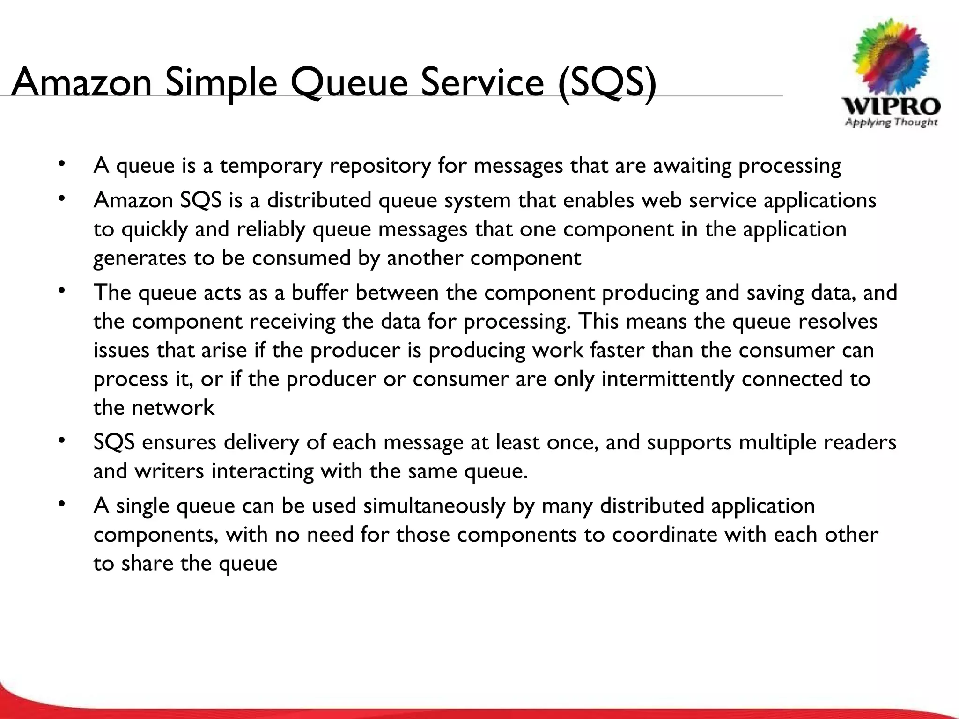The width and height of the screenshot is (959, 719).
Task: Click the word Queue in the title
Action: click(349, 83)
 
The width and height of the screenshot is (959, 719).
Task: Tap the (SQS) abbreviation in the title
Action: click(607, 83)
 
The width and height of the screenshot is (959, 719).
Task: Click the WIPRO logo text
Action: click(891, 106)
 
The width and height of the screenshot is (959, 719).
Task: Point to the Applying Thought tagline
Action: click(891, 123)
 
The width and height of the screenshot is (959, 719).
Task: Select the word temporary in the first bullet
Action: click(271, 166)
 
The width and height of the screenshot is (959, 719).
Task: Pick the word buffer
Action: click(320, 293)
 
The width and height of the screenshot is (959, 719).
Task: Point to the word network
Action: click(173, 408)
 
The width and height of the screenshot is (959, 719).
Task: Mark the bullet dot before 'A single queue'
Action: click(61, 504)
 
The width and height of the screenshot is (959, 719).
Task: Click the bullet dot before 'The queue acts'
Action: click(61, 291)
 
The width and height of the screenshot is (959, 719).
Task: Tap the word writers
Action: click(170, 471)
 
